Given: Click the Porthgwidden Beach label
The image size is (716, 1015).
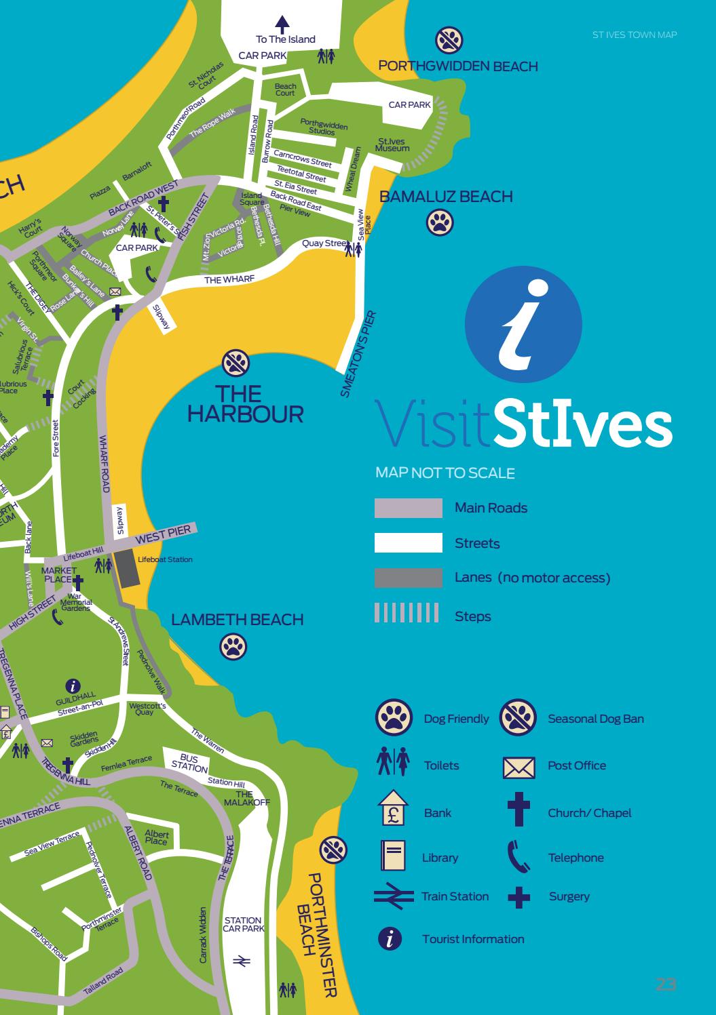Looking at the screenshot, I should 458,66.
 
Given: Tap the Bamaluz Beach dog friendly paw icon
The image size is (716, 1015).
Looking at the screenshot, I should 440,222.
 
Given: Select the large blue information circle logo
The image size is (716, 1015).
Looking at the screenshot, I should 523,323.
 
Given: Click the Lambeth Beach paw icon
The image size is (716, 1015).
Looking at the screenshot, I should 233,646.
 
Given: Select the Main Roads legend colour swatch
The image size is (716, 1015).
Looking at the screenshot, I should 408,509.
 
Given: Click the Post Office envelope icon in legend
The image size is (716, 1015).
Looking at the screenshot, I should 519,767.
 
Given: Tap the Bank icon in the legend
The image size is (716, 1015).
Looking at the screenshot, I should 392,810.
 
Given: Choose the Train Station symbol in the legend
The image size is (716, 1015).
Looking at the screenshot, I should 393,896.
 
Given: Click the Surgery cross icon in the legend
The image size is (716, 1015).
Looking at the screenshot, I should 519,897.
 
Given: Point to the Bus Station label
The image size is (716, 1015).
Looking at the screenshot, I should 189,763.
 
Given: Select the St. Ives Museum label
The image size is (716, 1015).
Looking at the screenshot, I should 393,145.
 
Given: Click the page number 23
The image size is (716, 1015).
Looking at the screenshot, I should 666,984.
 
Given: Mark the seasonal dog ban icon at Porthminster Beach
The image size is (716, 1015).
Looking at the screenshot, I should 333,849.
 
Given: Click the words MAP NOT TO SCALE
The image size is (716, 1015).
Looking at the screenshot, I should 445,473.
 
